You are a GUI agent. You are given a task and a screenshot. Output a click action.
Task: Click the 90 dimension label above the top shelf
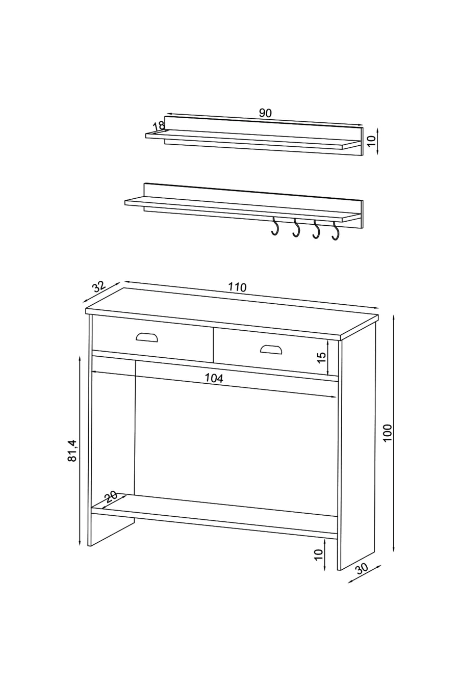[265, 113]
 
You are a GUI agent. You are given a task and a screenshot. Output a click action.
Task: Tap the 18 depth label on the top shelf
[159, 126]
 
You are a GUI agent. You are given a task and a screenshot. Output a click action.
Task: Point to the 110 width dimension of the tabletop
[237, 287]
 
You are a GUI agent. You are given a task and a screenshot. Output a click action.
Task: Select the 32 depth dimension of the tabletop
[99, 287]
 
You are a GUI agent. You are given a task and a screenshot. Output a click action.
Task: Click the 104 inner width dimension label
[214, 378]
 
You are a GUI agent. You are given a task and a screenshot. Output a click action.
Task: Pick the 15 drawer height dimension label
[321, 357]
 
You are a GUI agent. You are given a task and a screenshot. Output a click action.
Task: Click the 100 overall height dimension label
[388, 433]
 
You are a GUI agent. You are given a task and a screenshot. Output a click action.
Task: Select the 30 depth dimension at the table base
[362, 569]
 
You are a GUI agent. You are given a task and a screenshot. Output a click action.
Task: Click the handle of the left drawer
[147, 337]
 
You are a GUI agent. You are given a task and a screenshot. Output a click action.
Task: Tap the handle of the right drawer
[271, 349]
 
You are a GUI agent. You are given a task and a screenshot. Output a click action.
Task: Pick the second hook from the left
[296, 228]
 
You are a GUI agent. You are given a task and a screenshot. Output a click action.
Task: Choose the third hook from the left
[316, 229]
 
